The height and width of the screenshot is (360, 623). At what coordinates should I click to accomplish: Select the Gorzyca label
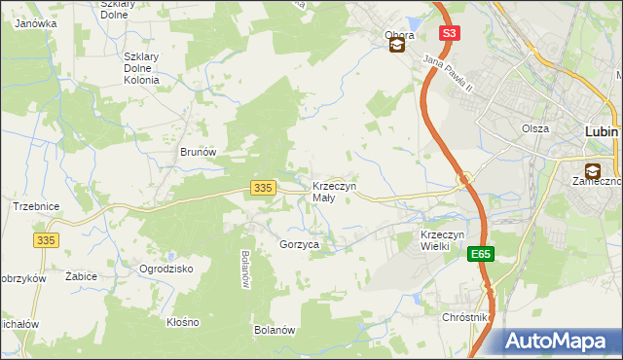pos(299,245)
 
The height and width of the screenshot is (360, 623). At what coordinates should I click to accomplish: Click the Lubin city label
pos(604,130)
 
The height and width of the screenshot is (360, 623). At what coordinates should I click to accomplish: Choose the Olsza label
pos(534,128)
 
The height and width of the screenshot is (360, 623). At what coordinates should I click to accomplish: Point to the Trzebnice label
pos(37,206)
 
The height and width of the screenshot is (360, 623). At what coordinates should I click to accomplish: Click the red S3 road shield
pos(448,33)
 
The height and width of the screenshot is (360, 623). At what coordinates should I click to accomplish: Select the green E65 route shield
pos(480,254)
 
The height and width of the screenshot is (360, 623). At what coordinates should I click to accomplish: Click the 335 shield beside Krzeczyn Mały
pos(260,187)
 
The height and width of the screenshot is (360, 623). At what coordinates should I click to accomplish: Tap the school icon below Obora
pos(397,45)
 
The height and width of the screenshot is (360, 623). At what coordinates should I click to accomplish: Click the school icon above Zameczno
pos(592,171)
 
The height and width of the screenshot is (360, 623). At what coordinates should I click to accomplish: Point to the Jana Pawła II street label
pos(448,74)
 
